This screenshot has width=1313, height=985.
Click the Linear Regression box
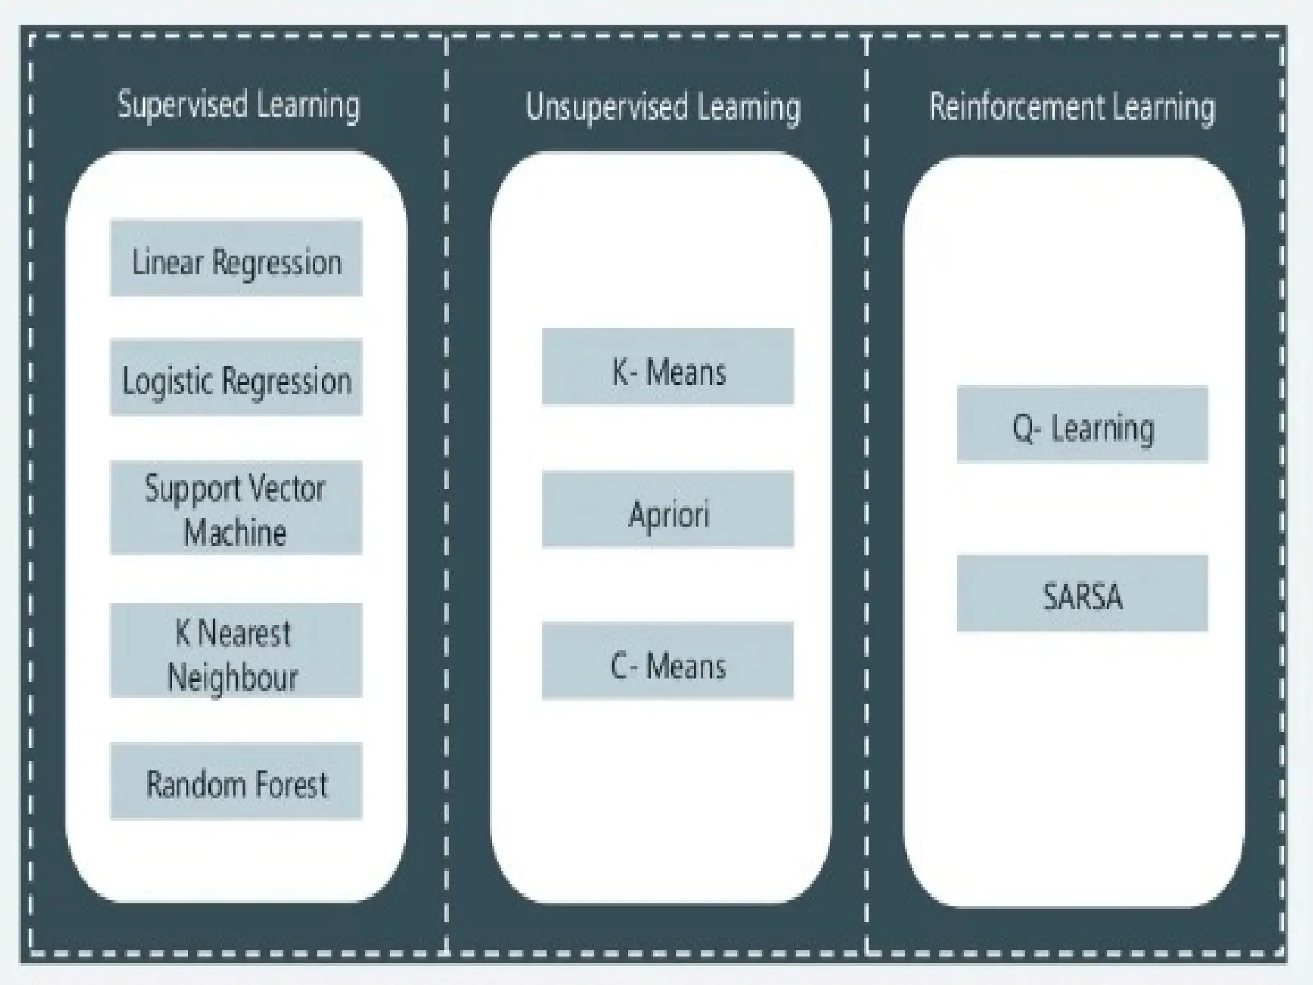point(236,258)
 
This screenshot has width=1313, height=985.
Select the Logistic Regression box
point(236,378)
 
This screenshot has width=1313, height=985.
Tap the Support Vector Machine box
point(236,508)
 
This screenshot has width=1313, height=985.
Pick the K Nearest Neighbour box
point(236,650)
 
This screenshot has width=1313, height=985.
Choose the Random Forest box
point(236,781)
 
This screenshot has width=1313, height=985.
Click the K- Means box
point(667,367)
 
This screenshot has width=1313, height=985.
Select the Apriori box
point(667,510)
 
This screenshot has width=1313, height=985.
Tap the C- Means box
point(667,661)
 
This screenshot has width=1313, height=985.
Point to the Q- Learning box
point(1082,425)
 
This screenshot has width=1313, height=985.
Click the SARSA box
point(1082,593)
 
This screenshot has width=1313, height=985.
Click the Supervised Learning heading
point(238,105)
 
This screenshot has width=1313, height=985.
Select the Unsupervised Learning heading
point(663,107)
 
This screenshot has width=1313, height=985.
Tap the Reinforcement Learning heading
point(1072,107)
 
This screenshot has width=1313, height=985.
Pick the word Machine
point(235,533)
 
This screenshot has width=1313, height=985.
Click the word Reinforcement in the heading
point(1017,107)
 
